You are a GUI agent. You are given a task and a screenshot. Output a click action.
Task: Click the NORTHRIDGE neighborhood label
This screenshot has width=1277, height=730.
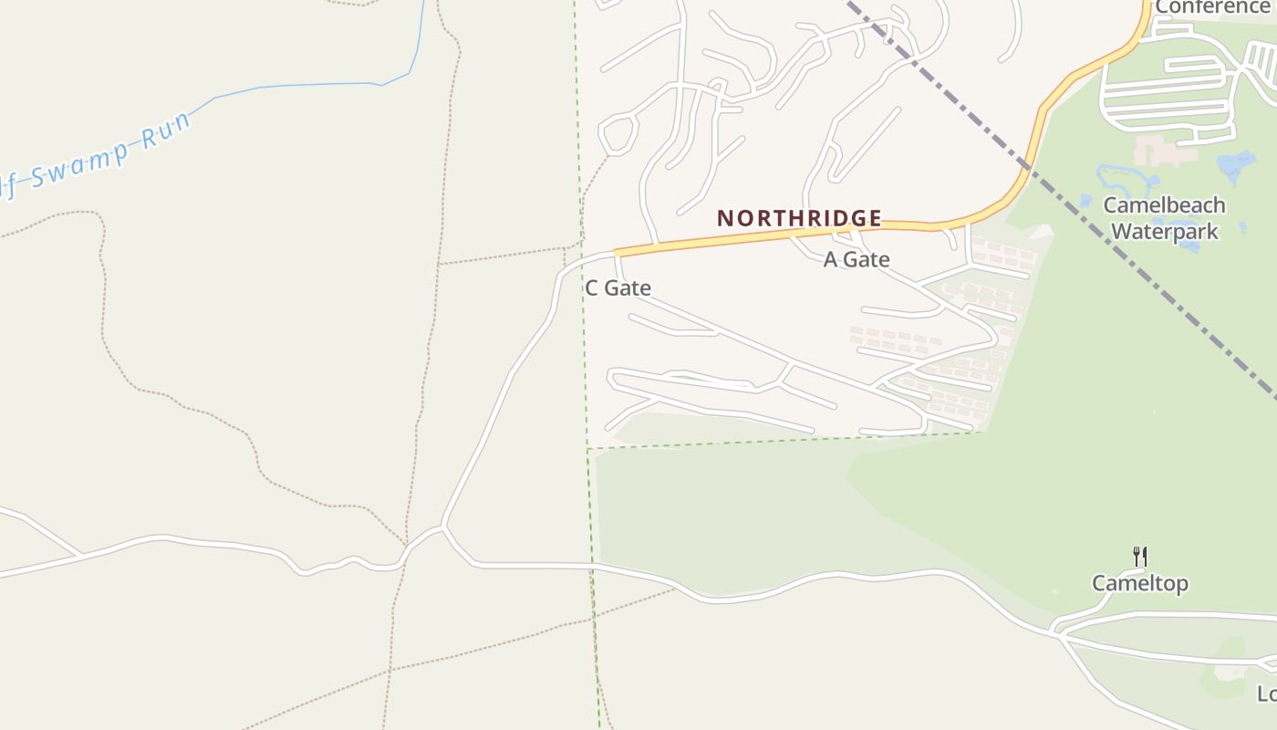[x=799, y=219]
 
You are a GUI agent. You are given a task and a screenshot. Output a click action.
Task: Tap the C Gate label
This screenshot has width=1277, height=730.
[x=618, y=288]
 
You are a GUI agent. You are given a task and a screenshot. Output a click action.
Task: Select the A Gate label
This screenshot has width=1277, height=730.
[x=857, y=260]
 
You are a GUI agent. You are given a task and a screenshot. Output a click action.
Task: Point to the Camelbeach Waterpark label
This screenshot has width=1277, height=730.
[x=1164, y=218]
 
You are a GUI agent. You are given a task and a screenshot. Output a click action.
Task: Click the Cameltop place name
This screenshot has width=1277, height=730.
[x=1140, y=583]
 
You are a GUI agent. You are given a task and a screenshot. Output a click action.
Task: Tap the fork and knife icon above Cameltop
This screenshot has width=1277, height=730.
[x=1139, y=556]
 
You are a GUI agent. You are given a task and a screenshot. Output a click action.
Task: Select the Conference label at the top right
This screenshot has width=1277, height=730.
[x=1212, y=8]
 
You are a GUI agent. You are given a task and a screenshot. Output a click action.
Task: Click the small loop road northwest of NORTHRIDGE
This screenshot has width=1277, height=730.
[x=617, y=134]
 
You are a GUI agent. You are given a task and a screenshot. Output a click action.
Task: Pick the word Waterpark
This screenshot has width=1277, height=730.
[x=1164, y=232]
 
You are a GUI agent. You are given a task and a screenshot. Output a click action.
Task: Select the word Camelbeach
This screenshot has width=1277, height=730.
[x=1164, y=205]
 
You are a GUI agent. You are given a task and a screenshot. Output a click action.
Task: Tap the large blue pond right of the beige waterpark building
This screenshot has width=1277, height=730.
[x=1236, y=165]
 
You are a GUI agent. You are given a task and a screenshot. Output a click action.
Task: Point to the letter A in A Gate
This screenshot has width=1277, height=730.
[x=831, y=260]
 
